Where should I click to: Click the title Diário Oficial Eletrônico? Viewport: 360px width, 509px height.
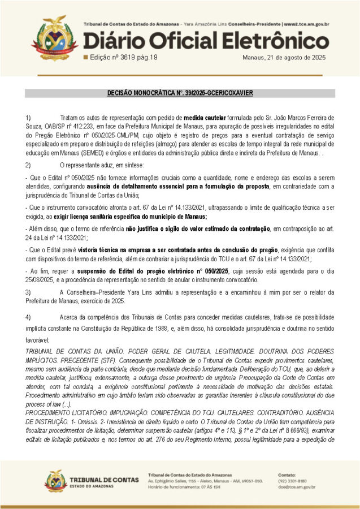coord(206,41)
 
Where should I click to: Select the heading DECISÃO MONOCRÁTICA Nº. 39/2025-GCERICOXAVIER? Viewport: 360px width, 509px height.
coord(180,93)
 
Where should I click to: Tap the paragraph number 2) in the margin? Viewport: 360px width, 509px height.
coord(28,165)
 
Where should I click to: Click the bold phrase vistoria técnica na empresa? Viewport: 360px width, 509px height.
coord(114,250)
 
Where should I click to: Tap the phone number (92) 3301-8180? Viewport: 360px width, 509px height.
coord(291,481)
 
